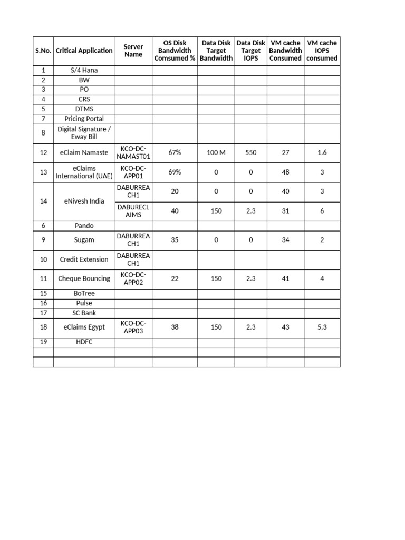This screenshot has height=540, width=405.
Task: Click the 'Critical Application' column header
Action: (84, 51)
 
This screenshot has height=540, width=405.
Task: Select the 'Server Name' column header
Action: (133, 51)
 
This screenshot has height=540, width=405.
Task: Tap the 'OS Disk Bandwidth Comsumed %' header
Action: (175, 51)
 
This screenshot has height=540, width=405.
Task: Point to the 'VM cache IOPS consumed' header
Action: (322, 51)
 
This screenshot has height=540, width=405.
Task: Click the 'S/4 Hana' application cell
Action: (84, 70)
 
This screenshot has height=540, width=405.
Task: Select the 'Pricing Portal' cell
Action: (84, 119)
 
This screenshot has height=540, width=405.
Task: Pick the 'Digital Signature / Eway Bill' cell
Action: (84, 133)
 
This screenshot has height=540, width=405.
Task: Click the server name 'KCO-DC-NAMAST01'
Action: (133, 152)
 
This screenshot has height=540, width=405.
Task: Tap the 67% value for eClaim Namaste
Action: (175, 152)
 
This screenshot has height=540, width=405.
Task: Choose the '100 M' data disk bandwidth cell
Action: (216, 152)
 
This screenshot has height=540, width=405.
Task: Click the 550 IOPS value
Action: (250, 152)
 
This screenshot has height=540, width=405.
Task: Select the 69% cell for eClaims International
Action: (175, 172)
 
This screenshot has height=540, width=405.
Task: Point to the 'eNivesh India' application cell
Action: (84, 201)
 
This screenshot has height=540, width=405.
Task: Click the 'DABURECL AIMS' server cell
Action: (133, 211)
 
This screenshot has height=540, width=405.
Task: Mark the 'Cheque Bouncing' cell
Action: (84, 278)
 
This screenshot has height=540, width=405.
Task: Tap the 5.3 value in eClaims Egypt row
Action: (322, 327)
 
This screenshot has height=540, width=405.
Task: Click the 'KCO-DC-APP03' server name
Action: (133, 327)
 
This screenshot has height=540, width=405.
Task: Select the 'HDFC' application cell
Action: (84, 342)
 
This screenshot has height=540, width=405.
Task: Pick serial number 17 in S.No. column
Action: (43, 313)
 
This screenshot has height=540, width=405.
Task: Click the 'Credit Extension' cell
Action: (84, 259)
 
